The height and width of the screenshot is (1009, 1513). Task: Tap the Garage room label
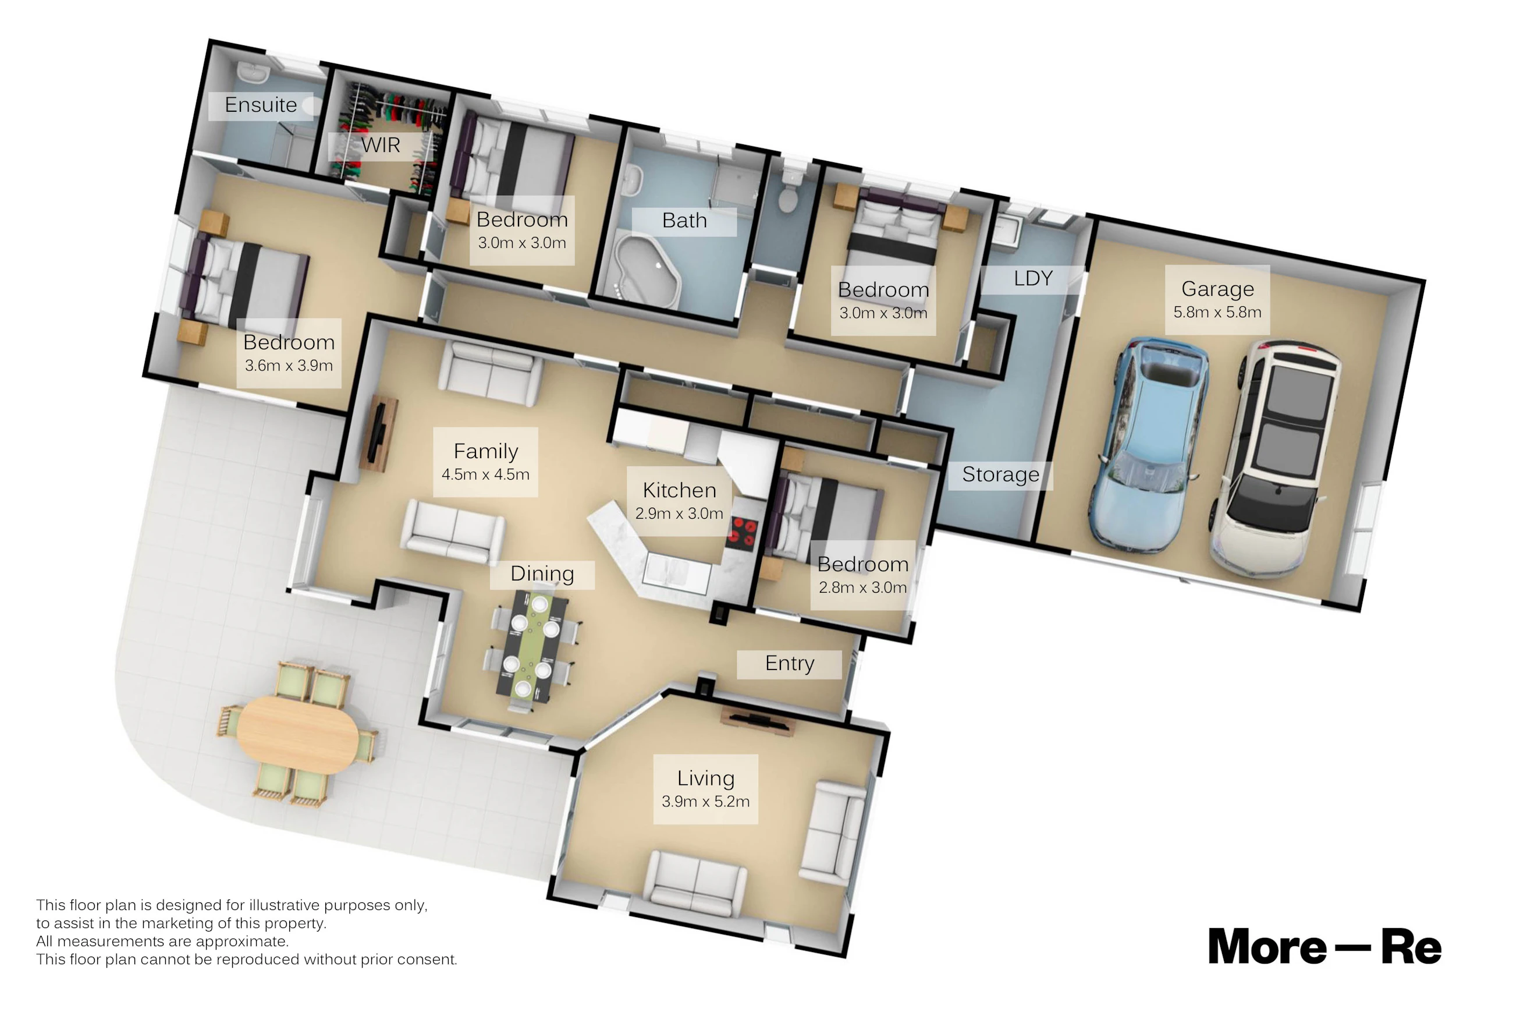(1217, 289)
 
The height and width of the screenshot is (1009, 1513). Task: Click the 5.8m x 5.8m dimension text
(1217, 312)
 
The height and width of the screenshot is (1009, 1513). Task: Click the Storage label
(1000, 475)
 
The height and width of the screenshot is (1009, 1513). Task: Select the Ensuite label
(261, 104)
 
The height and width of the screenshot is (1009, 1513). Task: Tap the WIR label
(381, 145)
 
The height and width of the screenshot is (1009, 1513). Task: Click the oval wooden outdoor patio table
(297, 734)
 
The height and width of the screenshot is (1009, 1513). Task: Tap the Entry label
(790, 663)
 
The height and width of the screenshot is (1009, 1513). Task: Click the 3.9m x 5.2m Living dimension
(705, 801)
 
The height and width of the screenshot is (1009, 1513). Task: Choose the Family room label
(485, 451)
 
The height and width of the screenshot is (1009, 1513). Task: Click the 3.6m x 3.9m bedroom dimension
(289, 366)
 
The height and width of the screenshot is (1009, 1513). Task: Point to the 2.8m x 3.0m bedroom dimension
(863, 587)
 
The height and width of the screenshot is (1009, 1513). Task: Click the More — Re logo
(1324, 947)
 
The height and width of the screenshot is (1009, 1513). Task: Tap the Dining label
(542, 574)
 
